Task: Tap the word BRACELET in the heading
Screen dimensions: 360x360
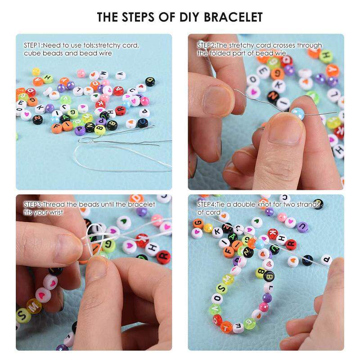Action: pyautogui.click(x=233, y=17)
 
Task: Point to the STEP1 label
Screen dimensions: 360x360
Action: pyautogui.click(x=32, y=45)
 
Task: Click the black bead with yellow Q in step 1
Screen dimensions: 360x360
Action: pyautogui.click(x=150, y=81)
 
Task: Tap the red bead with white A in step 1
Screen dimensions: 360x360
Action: pyautogui.click(x=118, y=91)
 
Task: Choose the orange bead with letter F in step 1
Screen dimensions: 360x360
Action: pyautogui.click(x=57, y=128)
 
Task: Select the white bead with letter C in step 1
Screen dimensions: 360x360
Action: pyautogui.click(x=132, y=91)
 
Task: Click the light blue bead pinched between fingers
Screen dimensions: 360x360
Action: pyautogui.click(x=298, y=113)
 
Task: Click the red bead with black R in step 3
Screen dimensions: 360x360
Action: pyautogui.click(x=163, y=257)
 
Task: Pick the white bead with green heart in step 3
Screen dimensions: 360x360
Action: pyautogui.click(x=124, y=222)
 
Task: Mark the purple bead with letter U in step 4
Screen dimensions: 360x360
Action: pyautogui.click(x=302, y=227)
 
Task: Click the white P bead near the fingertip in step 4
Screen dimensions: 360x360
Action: pyautogui.click(x=326, y=260)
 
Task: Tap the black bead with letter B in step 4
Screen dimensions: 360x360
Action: pyautogui.click(x=269, y=276)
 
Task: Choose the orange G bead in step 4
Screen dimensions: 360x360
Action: pyautogui.click(x=198, y=223)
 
